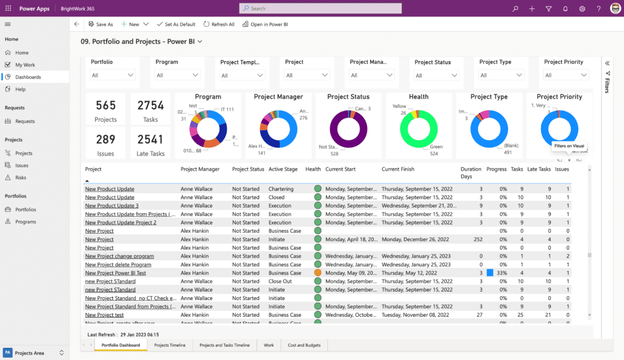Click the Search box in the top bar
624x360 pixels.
pyautogui.click(x=321, y=9)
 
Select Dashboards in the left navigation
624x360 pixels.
pyautogui.click(x=28, y=77)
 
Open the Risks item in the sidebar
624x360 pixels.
pyautogui.click(x=21, y=177)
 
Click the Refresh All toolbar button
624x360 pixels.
pyautogui.click(x=219, y=24)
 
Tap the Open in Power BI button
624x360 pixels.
pyautogui.click(x=265, y=24)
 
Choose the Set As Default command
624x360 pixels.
pyautogui.click(x=176, y=24)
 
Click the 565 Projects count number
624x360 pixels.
pyautogui.click(x=105, y=105)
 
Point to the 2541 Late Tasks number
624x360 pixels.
pyautogui.click(x=150, y=139)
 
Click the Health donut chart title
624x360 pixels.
pyautogui.click(x=419, y=97)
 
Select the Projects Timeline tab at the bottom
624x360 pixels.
pyautogui.click(x=169, y=345)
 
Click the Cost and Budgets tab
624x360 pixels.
pyautogui.click(x=305, y=345)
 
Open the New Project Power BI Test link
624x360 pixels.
pyautogui.click(x=115, y=273)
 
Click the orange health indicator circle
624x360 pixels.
pyautogui.click(x=317, y=273)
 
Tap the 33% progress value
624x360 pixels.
pyautogui.click(x=502, y=273)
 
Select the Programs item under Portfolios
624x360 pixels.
pyautogui.click(x=25, y=222)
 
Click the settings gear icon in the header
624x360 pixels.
pyautogui.click(x=582, y=9)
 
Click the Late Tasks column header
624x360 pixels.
pyautogui.click(x=539, y=169)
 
